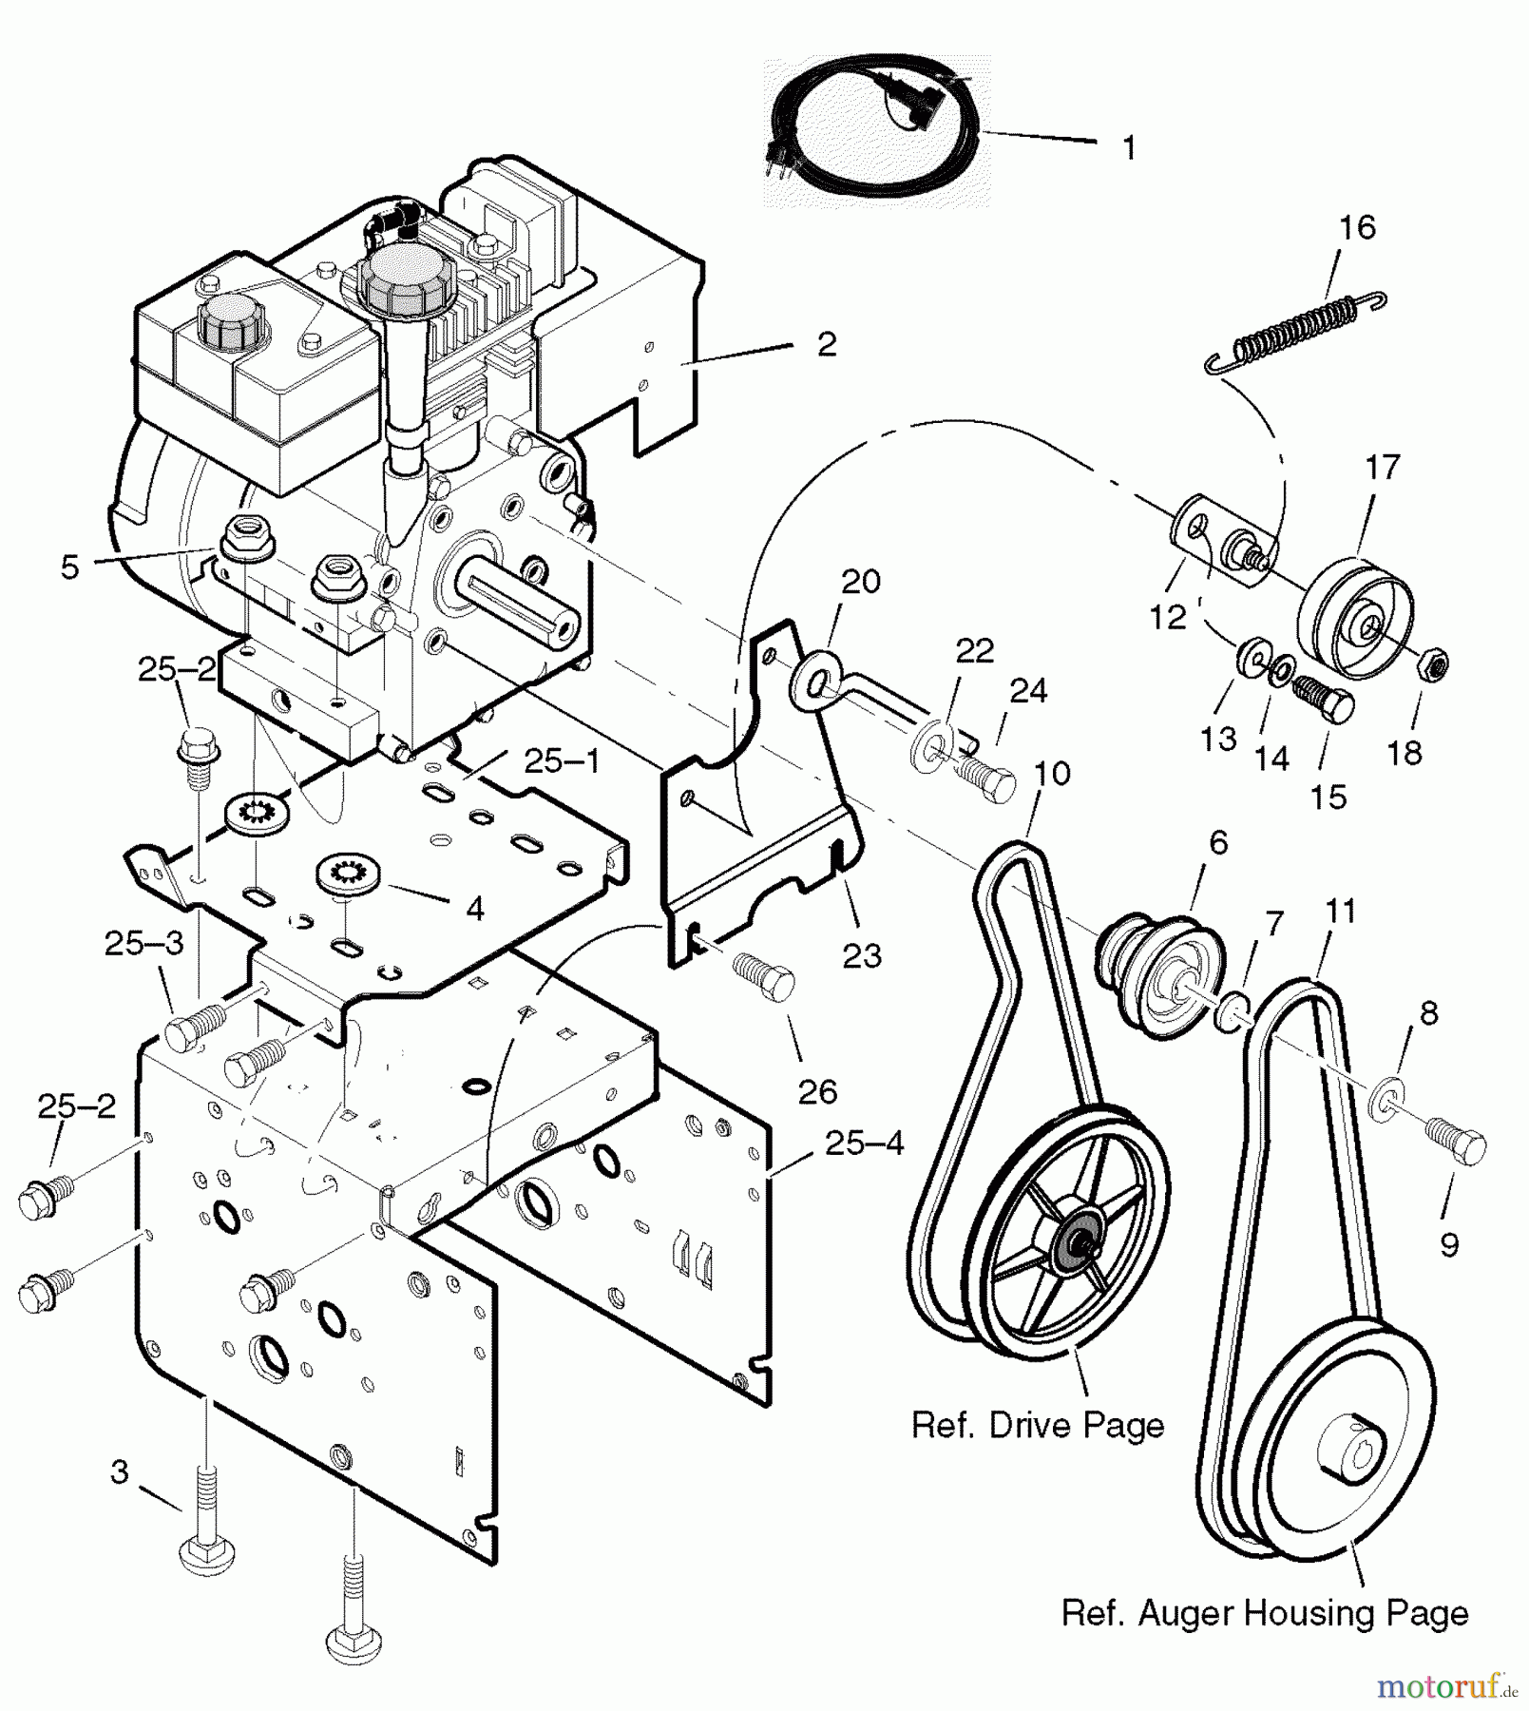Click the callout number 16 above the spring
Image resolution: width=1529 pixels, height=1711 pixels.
(x=1357, y=228)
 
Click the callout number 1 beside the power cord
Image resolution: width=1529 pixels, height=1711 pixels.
(x=1129, y=148)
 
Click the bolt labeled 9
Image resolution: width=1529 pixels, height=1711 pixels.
(x=1455, y=1144)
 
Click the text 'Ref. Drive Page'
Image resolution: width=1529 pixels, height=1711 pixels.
(x=1038, y=1425)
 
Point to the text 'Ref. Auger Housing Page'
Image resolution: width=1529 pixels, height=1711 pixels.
(x=1264, y=1613)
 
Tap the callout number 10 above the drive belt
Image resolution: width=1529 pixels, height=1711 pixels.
(x=1052, y=774)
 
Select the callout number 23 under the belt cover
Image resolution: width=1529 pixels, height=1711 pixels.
(x=862, y=955)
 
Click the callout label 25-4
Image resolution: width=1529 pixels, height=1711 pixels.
(x=864, y=1144)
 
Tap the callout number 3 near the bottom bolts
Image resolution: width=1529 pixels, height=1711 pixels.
(x=119, y=1472)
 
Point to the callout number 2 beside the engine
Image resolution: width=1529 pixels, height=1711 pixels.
(x=826, y=344)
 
